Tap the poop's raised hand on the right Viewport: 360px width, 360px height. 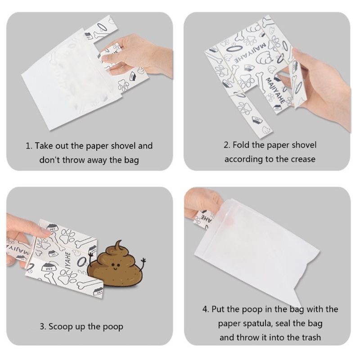(144, 261)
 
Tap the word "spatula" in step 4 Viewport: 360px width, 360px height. (258, 324)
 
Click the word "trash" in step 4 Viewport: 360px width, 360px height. (310, 337)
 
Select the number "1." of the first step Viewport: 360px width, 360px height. (29, 146)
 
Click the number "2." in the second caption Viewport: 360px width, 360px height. (227, 145)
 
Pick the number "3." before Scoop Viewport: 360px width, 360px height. (43, 327)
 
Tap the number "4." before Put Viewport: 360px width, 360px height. (206, 309)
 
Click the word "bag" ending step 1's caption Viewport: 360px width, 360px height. (131, 160)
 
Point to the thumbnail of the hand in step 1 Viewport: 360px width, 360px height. (105, 58)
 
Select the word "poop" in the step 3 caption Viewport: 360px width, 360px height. (113, 327)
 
